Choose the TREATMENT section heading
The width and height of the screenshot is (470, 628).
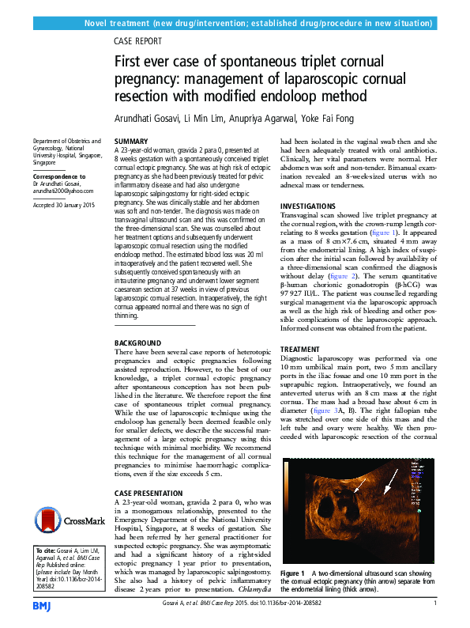click(301, 348)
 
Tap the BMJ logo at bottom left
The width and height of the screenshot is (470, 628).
click(42, 605)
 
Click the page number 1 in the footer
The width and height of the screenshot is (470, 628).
click(435, 603)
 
